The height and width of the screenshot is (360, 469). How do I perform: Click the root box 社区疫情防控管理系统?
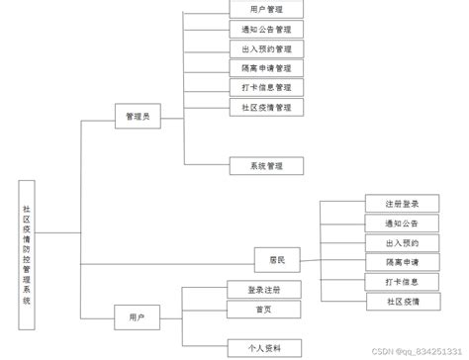[27, 254]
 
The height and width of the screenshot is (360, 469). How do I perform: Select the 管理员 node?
[137, 117]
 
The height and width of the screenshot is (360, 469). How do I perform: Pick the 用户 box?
[137, 316]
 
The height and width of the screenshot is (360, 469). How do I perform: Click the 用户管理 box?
[266, 9]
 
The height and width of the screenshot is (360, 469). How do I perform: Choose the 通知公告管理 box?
[266, 29]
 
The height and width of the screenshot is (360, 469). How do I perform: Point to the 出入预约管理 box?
[266, 48]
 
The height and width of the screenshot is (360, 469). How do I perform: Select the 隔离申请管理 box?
[266, 68]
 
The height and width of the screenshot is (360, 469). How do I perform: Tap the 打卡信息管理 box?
[266, 87]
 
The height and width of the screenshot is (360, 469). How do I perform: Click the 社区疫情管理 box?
[266, 107]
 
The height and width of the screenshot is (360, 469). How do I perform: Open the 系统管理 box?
[266, 165]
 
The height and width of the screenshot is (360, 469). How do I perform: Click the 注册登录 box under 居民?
[402, 204]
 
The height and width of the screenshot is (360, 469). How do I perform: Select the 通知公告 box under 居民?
[402, 224]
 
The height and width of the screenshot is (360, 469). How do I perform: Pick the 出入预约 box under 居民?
[402, 242]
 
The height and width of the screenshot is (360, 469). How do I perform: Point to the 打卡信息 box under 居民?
[402, 281]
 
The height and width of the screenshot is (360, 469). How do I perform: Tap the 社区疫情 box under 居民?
[402, 300]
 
